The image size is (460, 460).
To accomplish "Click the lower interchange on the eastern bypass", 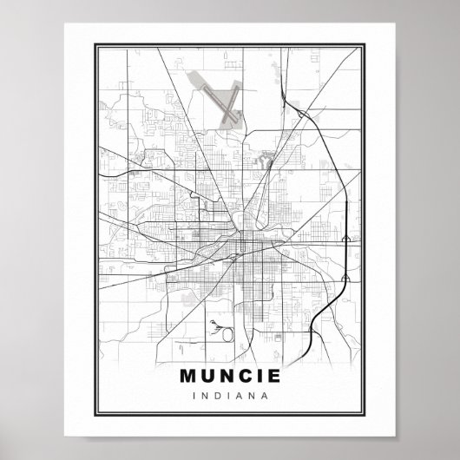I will [x=345, y=279].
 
